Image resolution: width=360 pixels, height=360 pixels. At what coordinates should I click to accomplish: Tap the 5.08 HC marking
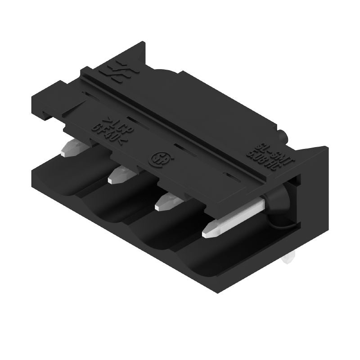pos(263,160)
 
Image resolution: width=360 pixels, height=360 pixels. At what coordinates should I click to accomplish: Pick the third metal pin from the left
pos(166,202)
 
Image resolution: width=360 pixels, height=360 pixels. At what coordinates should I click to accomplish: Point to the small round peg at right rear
pos(282,135)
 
